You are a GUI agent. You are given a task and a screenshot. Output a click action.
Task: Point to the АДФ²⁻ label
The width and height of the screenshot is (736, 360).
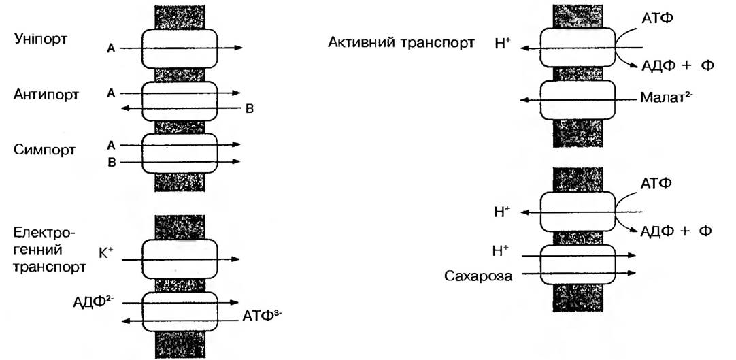(x=93, y=299)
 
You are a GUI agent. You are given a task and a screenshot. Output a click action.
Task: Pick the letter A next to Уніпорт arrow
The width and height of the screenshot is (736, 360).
(x=110, y=48)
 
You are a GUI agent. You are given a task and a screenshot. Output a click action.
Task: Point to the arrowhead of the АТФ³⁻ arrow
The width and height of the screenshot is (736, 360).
(x=123, y=321)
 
